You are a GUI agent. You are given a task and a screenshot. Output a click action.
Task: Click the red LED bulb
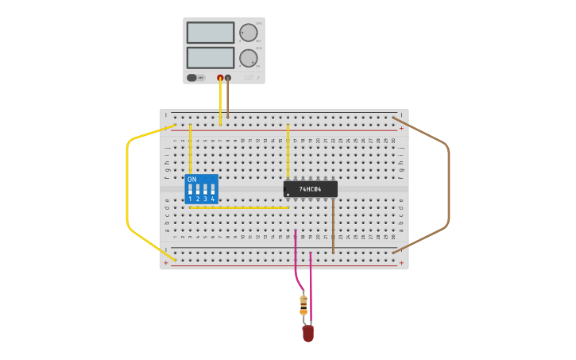[307, 334]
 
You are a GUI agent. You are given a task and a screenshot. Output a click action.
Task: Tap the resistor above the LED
[303, 305]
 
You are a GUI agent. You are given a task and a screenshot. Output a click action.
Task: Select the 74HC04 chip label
[310, 189]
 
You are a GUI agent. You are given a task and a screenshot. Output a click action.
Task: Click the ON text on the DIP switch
[191, 180]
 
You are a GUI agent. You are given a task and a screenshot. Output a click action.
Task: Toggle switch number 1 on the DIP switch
[190, 190]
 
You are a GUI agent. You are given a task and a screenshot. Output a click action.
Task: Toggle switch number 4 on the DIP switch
[212, 190]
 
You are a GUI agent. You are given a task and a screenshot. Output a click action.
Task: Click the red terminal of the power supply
[220, 78]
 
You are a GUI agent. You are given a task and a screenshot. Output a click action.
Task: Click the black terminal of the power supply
[228, 78]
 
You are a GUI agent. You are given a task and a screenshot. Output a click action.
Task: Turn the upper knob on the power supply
[248, 33]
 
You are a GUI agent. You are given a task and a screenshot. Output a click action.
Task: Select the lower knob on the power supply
[248, 57]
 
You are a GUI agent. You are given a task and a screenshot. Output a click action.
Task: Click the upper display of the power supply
[211, 33]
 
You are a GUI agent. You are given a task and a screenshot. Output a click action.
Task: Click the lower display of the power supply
[211, 57]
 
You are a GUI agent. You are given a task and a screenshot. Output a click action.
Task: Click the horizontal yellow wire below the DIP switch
[238, 208]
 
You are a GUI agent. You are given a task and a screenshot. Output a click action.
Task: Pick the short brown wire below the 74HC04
[333, 226]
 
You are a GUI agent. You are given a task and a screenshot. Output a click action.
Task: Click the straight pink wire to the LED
[311, 286]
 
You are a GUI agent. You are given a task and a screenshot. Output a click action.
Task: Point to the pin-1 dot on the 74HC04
[288, 194]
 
